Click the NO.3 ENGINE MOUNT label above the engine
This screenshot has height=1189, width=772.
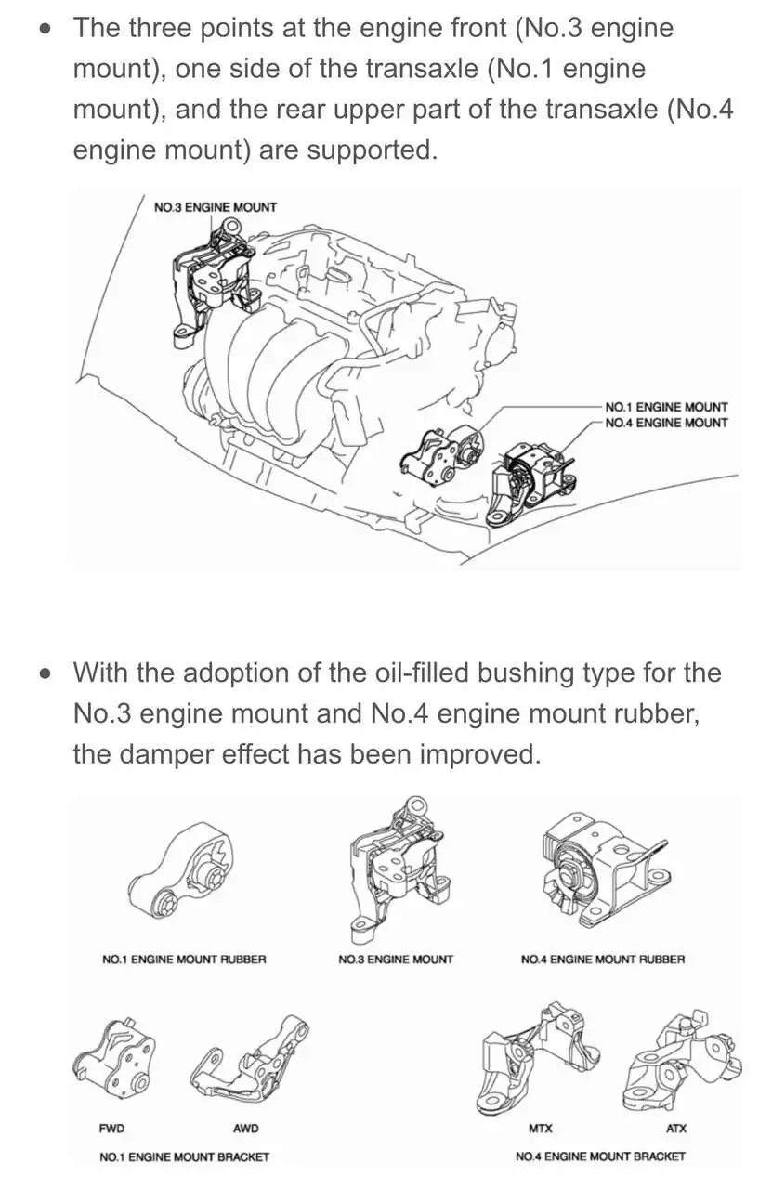click(x=215, y=207)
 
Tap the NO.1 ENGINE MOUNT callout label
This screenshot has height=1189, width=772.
click(x=666, y=407)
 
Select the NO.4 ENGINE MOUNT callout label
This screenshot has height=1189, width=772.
click(x=666, y=423)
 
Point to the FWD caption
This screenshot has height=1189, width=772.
click(x=111, y=1129)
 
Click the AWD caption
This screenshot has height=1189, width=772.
click(x=245, y=1129)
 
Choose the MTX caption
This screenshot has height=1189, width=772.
click(x=540, y=1129)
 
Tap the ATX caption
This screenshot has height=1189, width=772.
click(x=676, y=1129)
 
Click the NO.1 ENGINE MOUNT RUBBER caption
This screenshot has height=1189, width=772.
click(x=184, y=960)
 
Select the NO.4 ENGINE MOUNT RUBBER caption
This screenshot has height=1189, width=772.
click(x=603, y=960)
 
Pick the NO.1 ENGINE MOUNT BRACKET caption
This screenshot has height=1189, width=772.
click(x=184, y=1156)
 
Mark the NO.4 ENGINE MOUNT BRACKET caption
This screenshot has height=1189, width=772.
click(x=600, y=1156)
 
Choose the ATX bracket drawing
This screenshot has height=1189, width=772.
click(x=683, y=1059)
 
